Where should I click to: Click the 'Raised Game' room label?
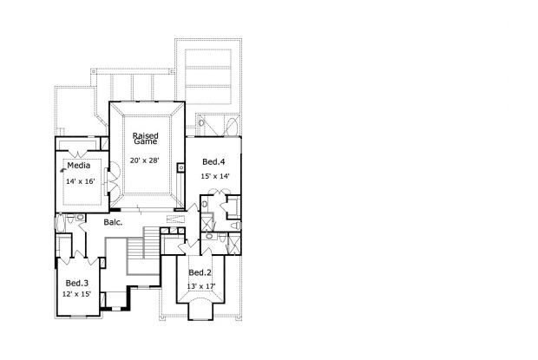tap(144, 140)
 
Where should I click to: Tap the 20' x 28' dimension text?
tap(144, 161)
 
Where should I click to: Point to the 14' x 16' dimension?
tap(79, 182)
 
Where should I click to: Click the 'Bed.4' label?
tap(213, 162)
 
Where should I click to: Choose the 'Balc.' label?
tap(113, 222)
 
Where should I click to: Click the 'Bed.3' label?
tap(76, 283)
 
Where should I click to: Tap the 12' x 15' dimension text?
tap(76, 294)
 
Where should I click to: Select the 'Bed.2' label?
tap(201, 273)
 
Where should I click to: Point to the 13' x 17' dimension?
tap(201, 286)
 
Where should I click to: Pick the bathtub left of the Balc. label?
tap(61, 224)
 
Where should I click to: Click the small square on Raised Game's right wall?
tap(180, 167)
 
